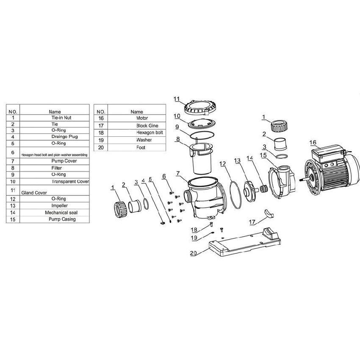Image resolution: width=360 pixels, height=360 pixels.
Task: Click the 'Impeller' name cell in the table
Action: click(59, 206)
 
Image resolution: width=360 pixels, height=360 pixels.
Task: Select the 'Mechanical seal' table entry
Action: click(61, 213)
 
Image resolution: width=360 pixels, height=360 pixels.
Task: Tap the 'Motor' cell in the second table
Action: click(142, 118)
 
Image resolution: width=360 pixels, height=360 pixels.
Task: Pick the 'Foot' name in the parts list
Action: click(141, 147)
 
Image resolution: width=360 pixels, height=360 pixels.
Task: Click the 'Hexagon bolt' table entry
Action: click(150, 133)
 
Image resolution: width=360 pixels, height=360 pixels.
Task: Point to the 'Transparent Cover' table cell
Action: click(70, 181)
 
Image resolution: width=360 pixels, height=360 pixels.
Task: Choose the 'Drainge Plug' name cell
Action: click(64, 137)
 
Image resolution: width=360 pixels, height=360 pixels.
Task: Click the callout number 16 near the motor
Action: click(313, 143)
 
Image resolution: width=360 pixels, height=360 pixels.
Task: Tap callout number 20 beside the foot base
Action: click(193, 253)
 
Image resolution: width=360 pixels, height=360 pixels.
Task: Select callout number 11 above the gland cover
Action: click(177, 99)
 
